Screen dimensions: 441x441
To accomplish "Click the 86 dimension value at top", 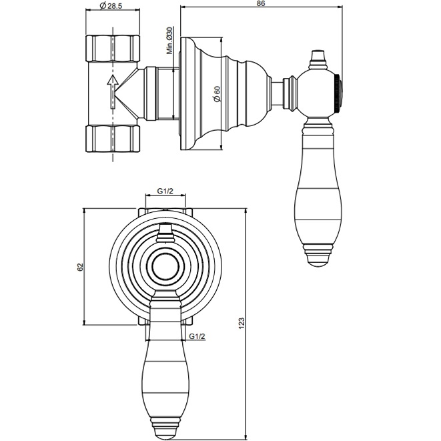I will (x=261, y=5).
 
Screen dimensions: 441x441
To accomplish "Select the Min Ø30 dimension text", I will (x=170, y=41).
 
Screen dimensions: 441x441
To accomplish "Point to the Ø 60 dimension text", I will (x=217, y=94).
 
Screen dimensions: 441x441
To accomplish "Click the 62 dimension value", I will (x=80, y=267).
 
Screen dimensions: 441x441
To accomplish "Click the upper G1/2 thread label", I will (x=165, y=191).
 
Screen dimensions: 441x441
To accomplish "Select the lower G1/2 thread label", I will (x=197, y=336).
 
